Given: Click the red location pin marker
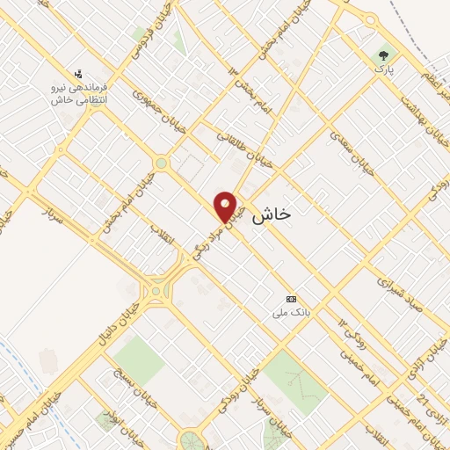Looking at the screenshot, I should click(x=227, y=207).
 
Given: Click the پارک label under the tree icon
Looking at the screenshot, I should click(x=383, y=69).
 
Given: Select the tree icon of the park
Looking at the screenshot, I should click(x=383, y=54).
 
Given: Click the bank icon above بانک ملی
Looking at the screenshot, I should click(x=292, y=299).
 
